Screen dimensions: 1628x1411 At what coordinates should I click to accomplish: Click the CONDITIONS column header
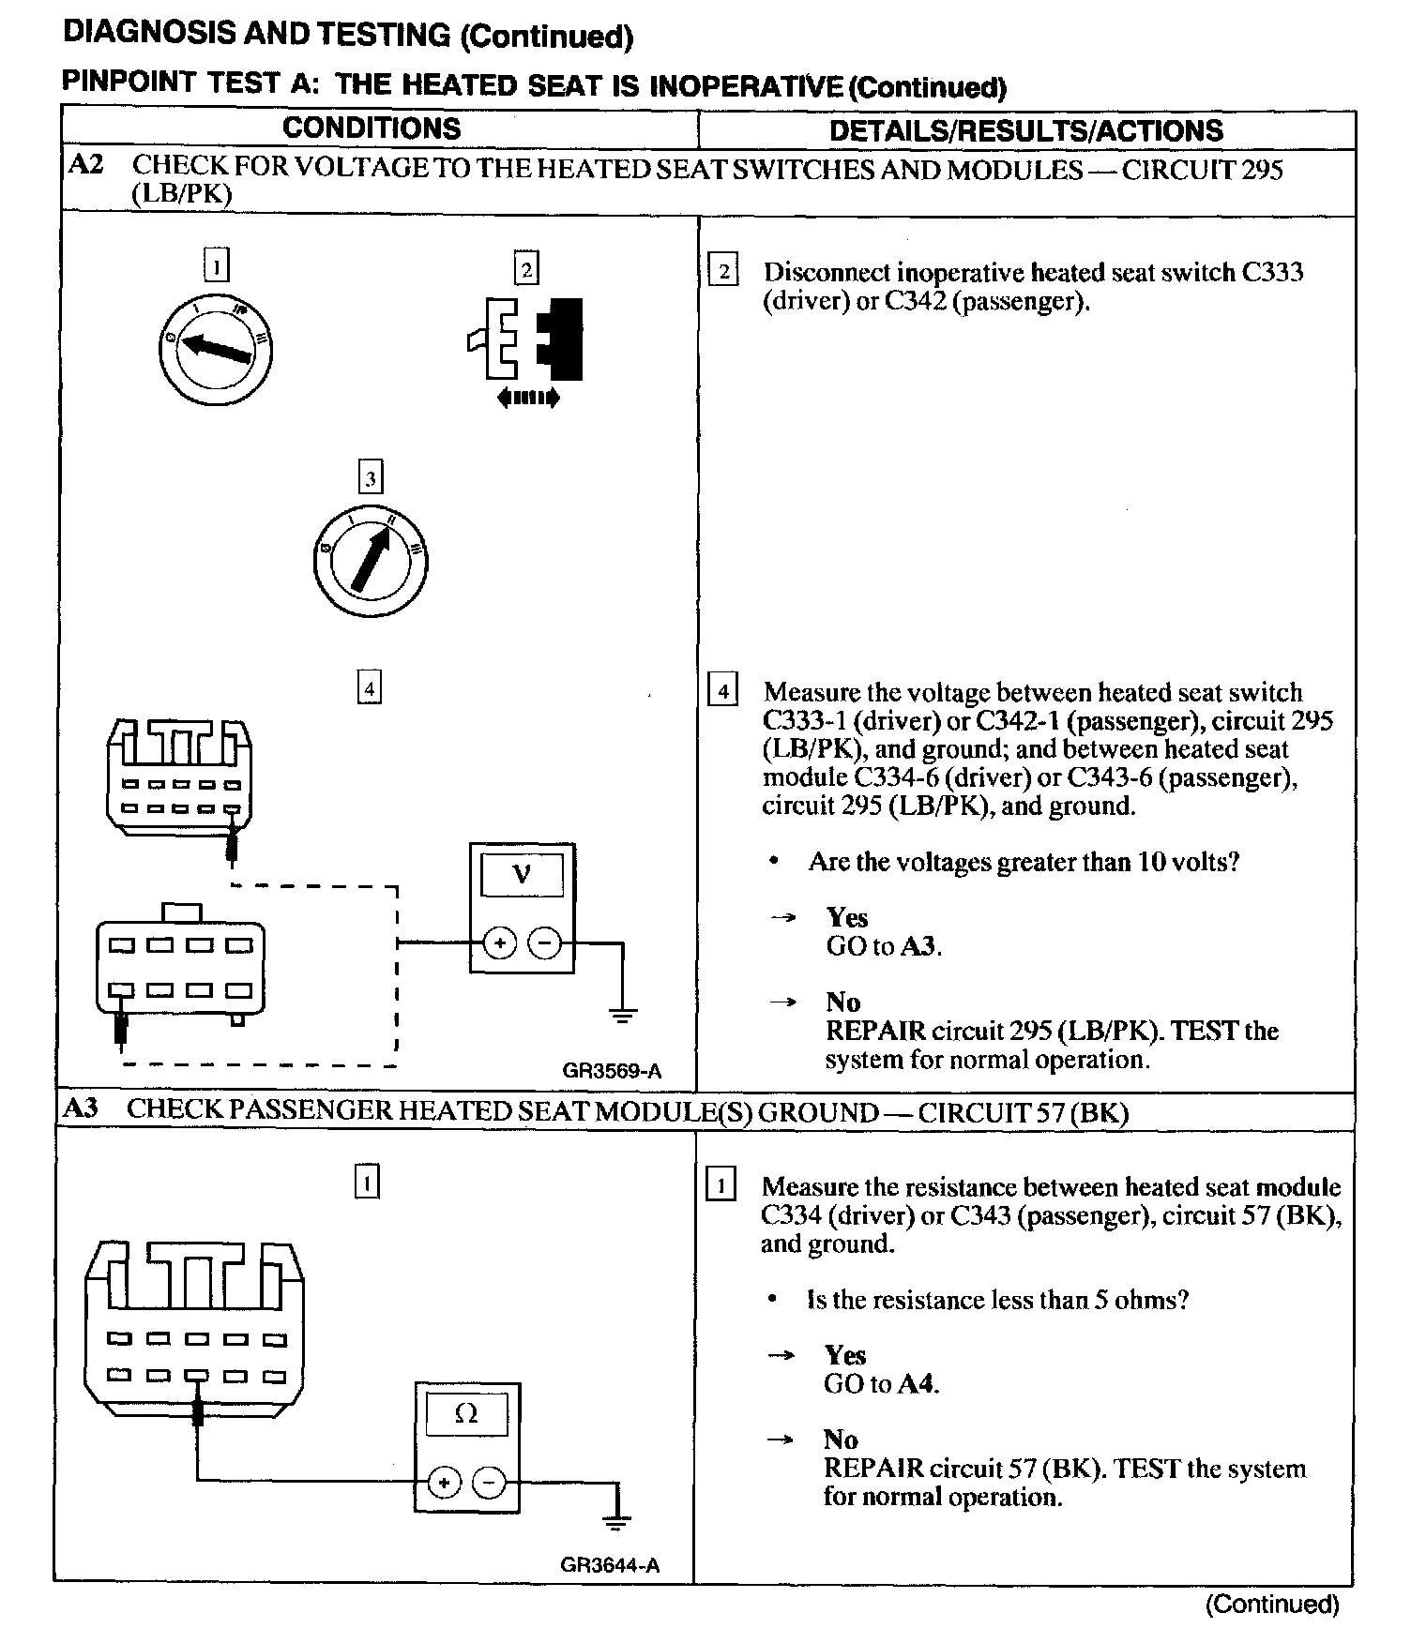point(372,128)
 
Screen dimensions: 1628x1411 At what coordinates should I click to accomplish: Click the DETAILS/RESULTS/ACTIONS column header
point(1025,130)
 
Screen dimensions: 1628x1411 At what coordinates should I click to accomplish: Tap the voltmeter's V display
point(522,875)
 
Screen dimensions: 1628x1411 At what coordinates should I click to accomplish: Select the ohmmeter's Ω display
point(466,1414)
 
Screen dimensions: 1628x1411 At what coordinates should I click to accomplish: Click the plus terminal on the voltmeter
point(500,942)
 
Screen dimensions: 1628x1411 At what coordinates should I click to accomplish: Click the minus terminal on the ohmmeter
point(489,1483)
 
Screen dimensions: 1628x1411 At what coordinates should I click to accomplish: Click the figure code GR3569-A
point(612,1070)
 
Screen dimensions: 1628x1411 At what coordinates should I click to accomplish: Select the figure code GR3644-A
point(610,1565)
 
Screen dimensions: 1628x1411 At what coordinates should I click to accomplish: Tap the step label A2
point(86,166)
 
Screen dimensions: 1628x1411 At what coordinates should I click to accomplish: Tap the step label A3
point(82,1109)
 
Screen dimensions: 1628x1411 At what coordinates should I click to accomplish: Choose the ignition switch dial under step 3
point(370,559)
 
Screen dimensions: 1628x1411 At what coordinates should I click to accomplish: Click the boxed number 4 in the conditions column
point(371,689)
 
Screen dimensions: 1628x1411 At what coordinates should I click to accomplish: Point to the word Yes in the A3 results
point(844,1355)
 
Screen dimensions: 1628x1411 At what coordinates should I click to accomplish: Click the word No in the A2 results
point(842,1002)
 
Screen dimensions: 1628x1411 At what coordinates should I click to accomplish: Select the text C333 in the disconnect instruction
point(1272,273)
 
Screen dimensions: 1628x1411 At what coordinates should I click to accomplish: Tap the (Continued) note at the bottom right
point(1272,1604)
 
